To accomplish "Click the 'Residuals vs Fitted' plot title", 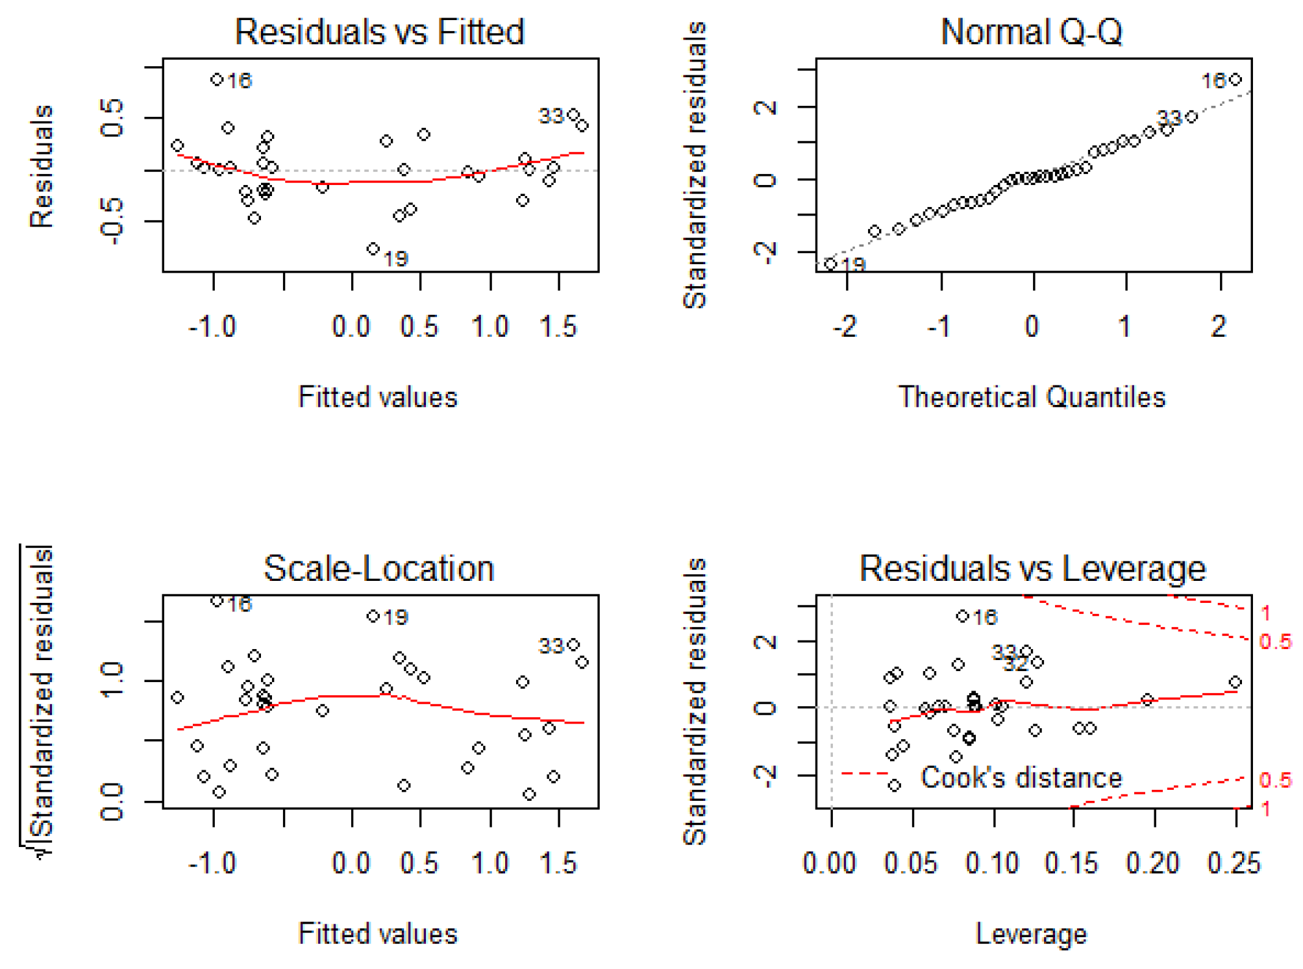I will point(379,32).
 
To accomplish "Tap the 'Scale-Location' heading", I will point(379,569).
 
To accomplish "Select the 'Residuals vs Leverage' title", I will point(1032,569).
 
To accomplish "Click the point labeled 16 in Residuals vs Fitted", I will point(217,80).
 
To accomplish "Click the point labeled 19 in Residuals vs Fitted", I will point(373,249).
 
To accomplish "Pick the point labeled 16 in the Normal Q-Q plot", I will point(1235,80).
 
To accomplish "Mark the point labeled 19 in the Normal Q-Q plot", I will point(830,264).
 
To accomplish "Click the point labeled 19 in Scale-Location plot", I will point(373,616).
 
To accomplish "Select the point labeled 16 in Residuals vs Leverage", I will point(962,616).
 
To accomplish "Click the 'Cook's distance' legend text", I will point(1021,778).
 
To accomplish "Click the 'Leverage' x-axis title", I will point(1031,934).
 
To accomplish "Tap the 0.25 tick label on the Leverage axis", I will point(1234,864).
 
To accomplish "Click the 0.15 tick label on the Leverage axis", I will point(1071,864).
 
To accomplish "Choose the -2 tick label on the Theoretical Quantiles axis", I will point(845,326).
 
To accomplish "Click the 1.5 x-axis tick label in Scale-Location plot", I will point(558,864).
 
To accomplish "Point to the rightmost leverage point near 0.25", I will point(1235,682).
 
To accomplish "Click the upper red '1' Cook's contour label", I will point(1265,613).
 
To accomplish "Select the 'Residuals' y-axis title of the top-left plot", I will point(42,166).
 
